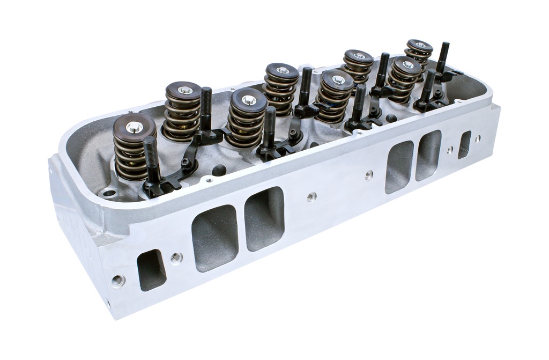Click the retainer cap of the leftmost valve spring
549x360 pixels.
pyautogui.click(x=134, y=127)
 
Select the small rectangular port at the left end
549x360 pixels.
pyautogui.click(x=151, y=270)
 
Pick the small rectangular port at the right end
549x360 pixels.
pyautogui.click(x=464, y=144)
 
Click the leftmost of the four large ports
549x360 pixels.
pyautogui.click(x=215, y=238)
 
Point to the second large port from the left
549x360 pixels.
pyautogui.click(x=264, y=218)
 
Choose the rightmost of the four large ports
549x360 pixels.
pyautogui.click(x=428, y=155)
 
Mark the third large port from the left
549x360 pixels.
pyautogui.click(x=399, y=167)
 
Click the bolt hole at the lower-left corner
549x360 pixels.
pyautogui.click(x=118, y=281)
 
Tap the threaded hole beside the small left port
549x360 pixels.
pyautogui.click(x=176, y=258)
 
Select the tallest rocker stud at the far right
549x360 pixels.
pyautogui.click(x=443, y=58)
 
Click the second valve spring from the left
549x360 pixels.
pyautogui.click(x=183, y=111)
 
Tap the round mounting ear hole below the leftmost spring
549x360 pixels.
pyautogui.click(x=110, y=193)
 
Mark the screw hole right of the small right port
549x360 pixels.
pyautogui.click(x=477, y=138)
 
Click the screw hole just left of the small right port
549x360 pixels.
pyautogui.click(x=450, y=150)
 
